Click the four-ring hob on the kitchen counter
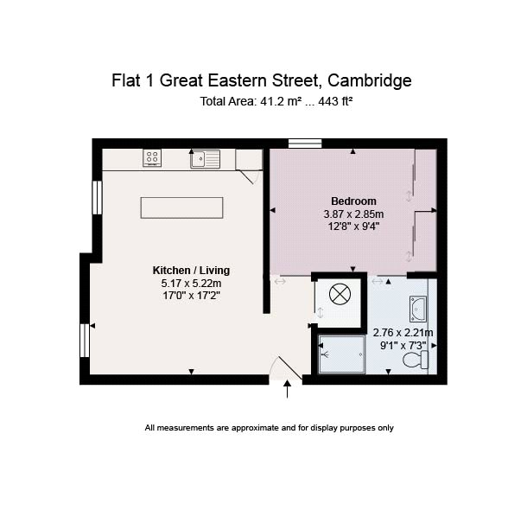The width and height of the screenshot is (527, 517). click(152, 157)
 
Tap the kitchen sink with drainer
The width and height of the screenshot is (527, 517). click(206, 159)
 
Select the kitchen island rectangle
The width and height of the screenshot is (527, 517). click(181, 207)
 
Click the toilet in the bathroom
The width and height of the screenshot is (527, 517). click(416, 360)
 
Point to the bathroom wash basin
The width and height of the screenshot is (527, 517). click(418, 309)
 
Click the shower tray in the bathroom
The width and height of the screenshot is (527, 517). click(341, 354)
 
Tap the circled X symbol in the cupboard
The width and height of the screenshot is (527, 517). click(340, 294)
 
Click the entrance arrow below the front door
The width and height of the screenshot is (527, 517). click(287, 389)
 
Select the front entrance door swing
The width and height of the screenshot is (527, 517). click(286, 368)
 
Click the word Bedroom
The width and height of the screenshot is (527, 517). click(353, 201)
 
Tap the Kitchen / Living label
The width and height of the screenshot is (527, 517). click(191, 271)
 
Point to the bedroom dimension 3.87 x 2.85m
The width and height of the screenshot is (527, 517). click(353, 214)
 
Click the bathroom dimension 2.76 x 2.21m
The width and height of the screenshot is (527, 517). click(403, 333)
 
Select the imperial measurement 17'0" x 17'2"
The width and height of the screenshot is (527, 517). click(191, 296)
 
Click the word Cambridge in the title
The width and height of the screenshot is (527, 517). click(370, 80)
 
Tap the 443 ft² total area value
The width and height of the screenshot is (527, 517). click(335, 101)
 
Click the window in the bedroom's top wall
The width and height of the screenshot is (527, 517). click(305, 144)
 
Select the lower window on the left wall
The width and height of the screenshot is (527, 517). click(85, 340)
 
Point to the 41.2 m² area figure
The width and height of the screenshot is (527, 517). click(281, 101)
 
